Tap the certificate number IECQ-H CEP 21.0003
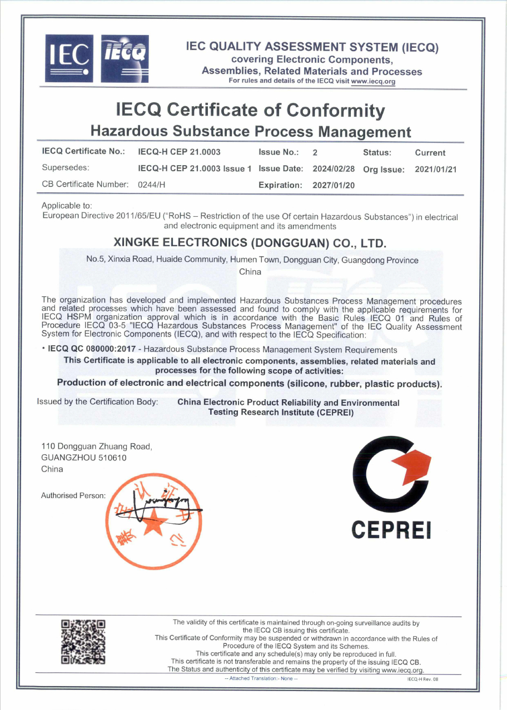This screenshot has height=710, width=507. [179, 152]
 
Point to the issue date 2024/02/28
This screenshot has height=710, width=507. [334, 168]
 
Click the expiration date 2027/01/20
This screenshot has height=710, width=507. [334, 185]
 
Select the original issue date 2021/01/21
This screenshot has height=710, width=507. [436, 168]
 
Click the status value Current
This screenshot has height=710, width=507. [430, 152]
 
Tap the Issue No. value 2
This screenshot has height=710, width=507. [315, 152]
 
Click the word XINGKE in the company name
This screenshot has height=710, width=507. [139, 244]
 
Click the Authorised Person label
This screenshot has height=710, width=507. [73, 495]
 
